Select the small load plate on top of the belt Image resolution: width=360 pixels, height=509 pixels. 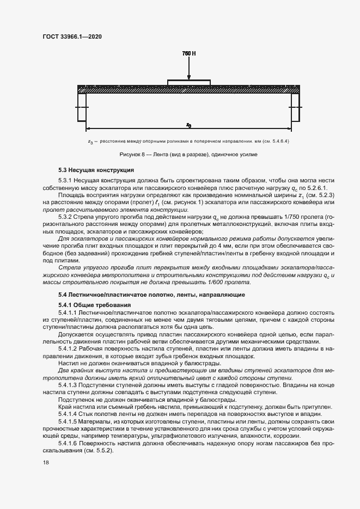point(188,83)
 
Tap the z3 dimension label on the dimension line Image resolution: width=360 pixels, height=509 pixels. point(188,125)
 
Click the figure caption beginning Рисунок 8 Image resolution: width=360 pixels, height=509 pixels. point(188,155)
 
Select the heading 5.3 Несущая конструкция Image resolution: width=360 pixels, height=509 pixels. point(93,170)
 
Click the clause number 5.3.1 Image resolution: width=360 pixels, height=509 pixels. point(66,180)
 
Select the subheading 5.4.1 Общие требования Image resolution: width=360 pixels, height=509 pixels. point(91,304)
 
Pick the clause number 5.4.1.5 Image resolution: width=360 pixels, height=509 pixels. point(69,421)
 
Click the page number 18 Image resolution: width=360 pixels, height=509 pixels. point(46,462)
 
